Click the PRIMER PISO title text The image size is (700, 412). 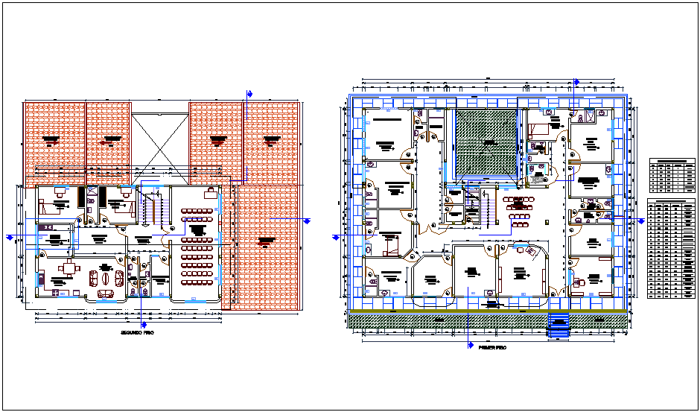(x=491, y=347)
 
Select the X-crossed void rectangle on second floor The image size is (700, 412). (x=160, y=145)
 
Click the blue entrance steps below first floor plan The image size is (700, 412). (x=559, y=326)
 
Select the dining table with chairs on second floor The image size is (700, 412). (x=69, y=271)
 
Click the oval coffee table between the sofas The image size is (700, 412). (x=106, y=278)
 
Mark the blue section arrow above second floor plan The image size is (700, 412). (x=249, y=93)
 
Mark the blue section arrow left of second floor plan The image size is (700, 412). (x=10, y=237)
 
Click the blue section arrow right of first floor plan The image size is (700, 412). (x=641, y=221)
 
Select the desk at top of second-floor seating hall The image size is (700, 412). (x=211, y=192)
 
